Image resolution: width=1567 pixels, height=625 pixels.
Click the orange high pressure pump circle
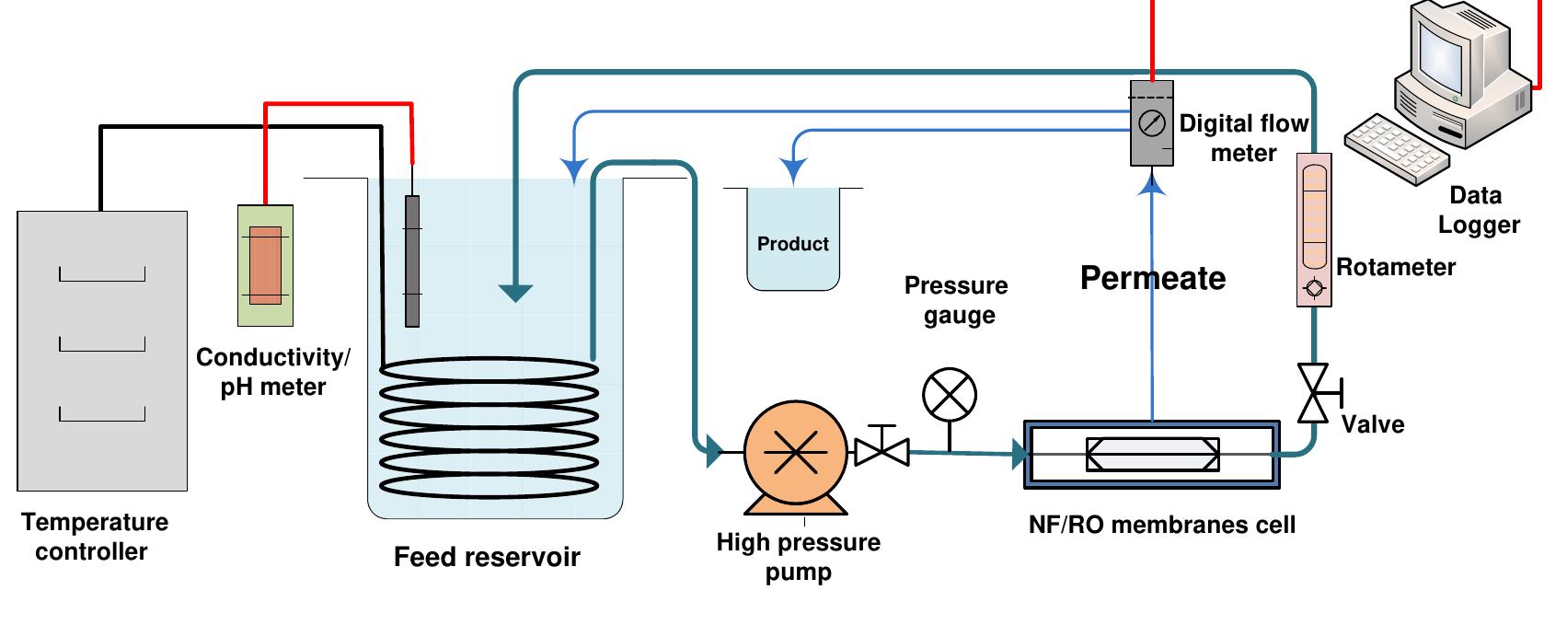(x=794, y=452)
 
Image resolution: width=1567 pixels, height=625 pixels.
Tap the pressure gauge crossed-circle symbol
(x=949, y=396)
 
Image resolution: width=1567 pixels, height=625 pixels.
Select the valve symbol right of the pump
(x=881, y=451)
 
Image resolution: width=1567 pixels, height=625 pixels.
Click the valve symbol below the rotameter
(x=1313, y=393)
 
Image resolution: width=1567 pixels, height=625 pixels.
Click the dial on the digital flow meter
(x=1152, y=123)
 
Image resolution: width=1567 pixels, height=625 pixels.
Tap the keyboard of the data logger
(x=1395, y=147)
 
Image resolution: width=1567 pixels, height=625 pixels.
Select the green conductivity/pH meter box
(x=265, y=265)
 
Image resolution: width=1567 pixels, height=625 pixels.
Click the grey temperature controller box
(x=102, y=351)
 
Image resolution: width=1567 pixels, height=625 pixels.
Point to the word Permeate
(x=1152, y=278)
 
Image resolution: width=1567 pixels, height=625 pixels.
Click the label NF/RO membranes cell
(x=1161, y=525)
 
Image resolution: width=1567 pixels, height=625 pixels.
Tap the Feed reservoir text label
(x=487, y=557)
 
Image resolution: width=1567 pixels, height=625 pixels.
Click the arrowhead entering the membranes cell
(x=1020, y=453)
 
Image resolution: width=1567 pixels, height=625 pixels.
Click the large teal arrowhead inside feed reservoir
(x=516, y=292)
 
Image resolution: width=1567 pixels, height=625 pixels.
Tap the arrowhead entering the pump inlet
(x=712, y=452)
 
